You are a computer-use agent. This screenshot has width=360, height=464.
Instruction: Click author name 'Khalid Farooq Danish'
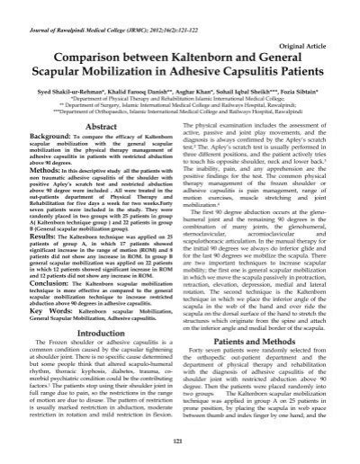(139, 93)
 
